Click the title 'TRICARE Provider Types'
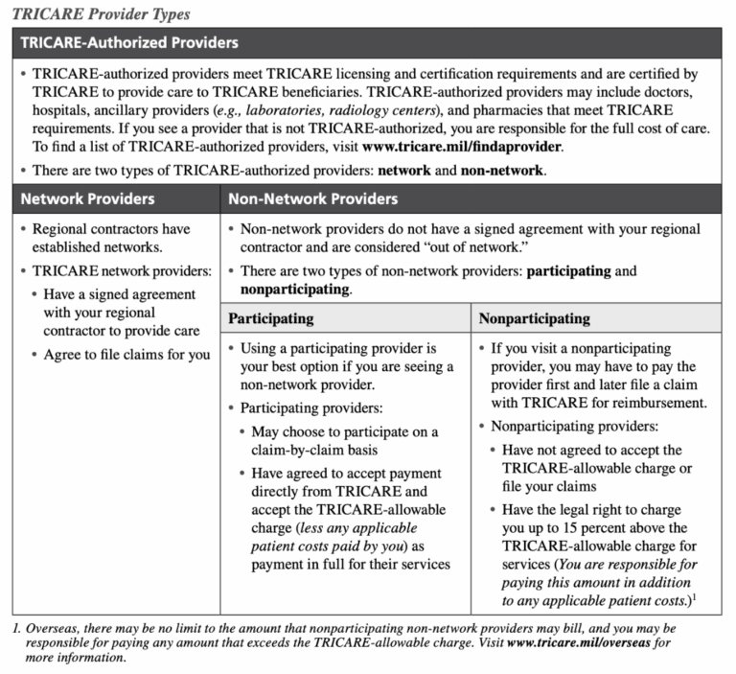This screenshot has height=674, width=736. (x=101, y=13)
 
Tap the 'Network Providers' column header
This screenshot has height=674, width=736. (x=87, y=198)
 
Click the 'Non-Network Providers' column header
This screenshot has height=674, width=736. (x=312, y=198)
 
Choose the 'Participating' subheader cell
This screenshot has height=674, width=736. (x=270, y=318)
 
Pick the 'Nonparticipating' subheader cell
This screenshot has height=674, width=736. (x=534, y=318)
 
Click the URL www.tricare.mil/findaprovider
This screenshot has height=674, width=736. (x=462, y=147)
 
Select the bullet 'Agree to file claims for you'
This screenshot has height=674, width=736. (x=126, y=355)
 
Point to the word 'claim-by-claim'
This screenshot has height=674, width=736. (x=296, y=449)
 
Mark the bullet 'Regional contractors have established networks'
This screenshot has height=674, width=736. (x=111, y=238)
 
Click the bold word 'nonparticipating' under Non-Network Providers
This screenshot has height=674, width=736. (x=293, y=289)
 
